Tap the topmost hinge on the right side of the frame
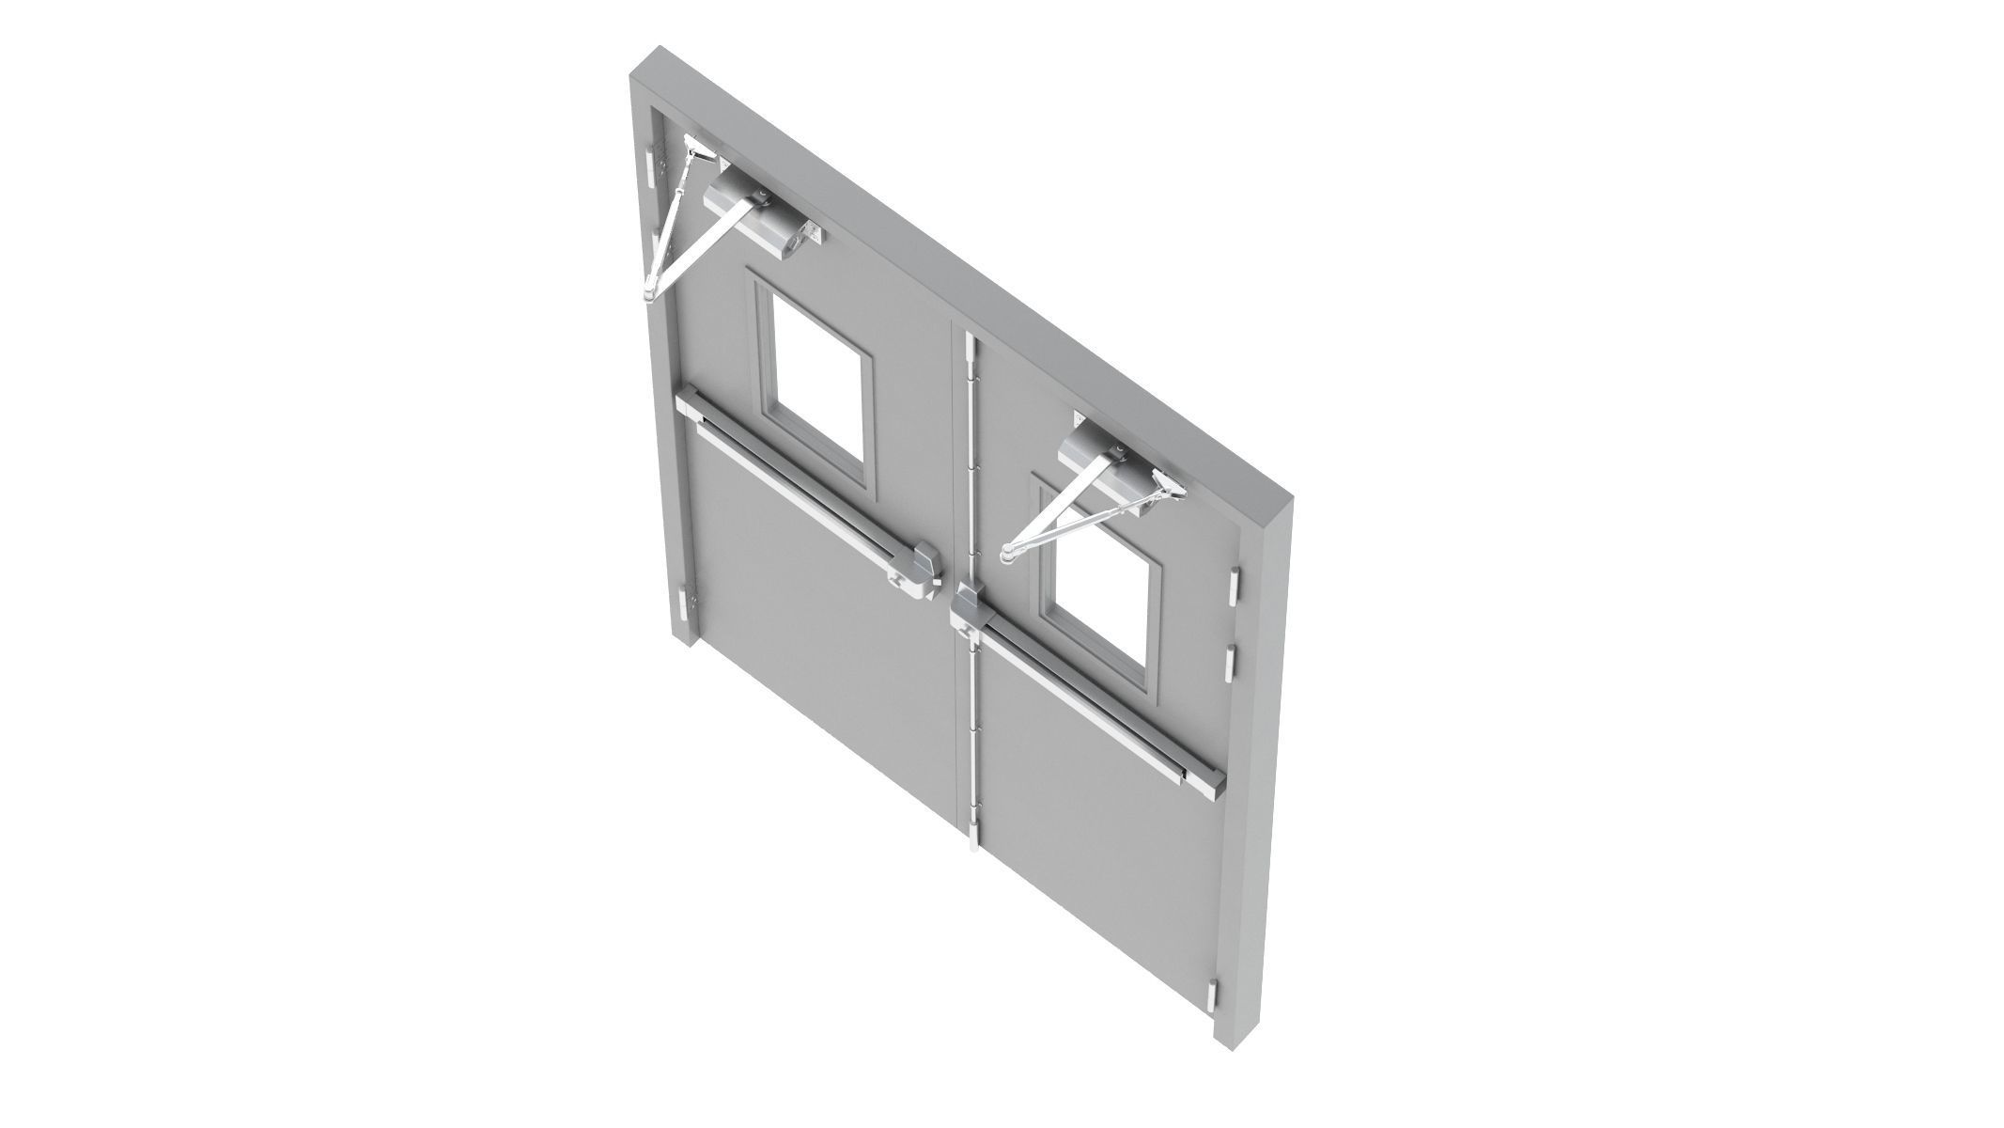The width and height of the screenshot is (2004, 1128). (1234, 588)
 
